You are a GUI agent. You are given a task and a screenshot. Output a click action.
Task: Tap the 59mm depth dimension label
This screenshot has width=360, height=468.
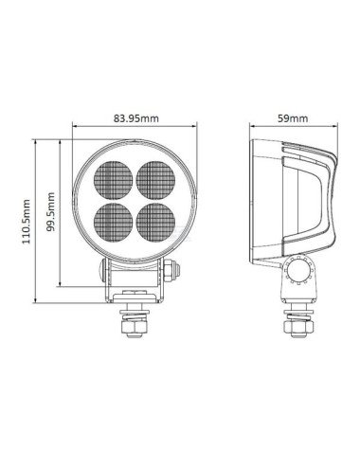tap(294, 118)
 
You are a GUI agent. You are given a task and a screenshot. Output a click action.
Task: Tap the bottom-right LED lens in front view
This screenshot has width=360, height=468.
tap(152, 220)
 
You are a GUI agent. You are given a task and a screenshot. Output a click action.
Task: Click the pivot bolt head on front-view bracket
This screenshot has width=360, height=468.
tap(169, 274)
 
